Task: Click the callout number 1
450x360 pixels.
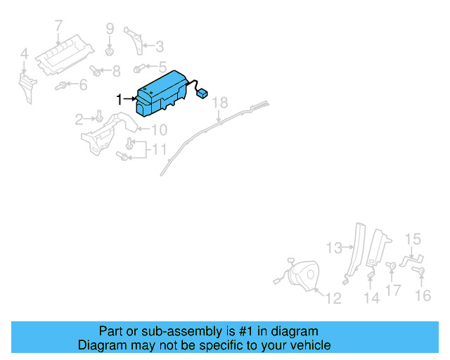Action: [x=120, y=100]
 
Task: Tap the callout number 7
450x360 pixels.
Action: [x=59, y=27]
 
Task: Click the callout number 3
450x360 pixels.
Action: [x=160, y=47]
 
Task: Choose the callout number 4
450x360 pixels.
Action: [x=24, y=53]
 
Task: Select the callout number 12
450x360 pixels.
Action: [x=333, y=298]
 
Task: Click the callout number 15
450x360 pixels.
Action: [x=413, y=239]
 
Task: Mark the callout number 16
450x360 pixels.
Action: [x=423, y=296]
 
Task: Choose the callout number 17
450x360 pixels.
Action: [x=394, y=289]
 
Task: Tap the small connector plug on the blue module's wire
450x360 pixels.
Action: [x=202, y=91]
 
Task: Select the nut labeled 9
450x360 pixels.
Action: [x=110, y=52]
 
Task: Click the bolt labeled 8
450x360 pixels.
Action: [x=97, y=70]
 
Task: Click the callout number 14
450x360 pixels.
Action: [x=371, y=298]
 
